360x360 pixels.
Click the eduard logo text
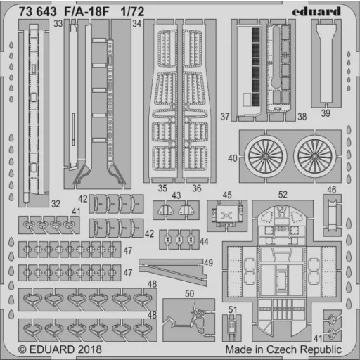[x=316, y=11]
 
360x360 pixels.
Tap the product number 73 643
[x=38, y=12]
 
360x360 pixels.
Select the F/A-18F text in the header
[x=86, y=12]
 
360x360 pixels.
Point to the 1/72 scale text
[x=132, y=12]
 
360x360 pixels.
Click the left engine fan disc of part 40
[x=266, y=156]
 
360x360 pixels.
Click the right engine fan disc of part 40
[x=315, y=156]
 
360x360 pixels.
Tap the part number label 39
[x=326, y=113]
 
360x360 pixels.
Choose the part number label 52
[x=283, y=195]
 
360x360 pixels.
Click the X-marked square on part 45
[x=226, y=214]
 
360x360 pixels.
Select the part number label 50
[x=190, y=294]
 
